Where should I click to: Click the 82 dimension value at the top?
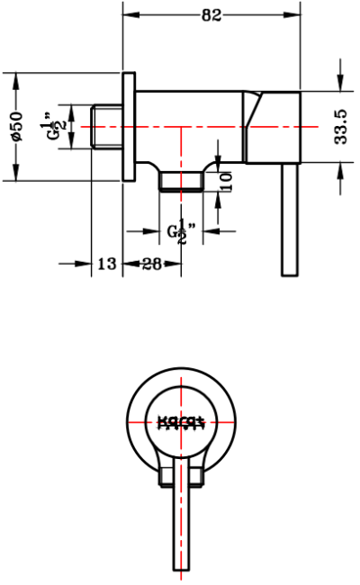211,14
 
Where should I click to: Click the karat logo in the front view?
182,420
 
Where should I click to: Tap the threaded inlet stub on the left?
106,127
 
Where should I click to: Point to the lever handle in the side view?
290,220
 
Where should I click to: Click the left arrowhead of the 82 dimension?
128,14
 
